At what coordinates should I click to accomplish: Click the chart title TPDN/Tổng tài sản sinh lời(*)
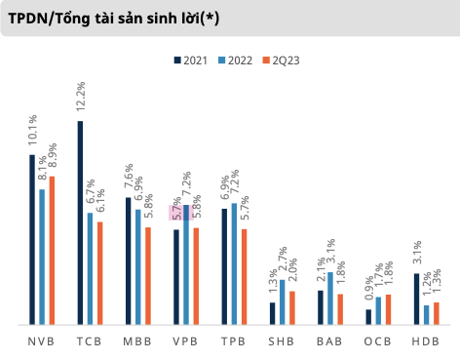tap(113, 18)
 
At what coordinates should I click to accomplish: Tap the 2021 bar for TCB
tap(80, 222)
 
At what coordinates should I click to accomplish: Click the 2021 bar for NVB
tap(32, 239)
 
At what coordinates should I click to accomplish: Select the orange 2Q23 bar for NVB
tap(52, 250)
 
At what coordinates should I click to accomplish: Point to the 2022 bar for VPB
tap(186, 264)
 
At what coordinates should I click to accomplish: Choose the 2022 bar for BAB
tap(330, 298)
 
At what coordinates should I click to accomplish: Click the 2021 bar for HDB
tap(417, 299)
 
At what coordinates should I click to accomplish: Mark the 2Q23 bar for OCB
tap(388, 308)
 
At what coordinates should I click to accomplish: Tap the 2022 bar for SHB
tap(282, 301)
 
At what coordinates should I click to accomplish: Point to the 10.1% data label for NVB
tap(32, 133)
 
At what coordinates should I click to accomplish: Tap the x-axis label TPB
tap(233, 340)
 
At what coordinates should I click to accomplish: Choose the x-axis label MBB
tap(137, 340)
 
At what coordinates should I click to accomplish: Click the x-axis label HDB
tap(425, 340)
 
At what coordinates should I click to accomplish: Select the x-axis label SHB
tap(282, 340)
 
